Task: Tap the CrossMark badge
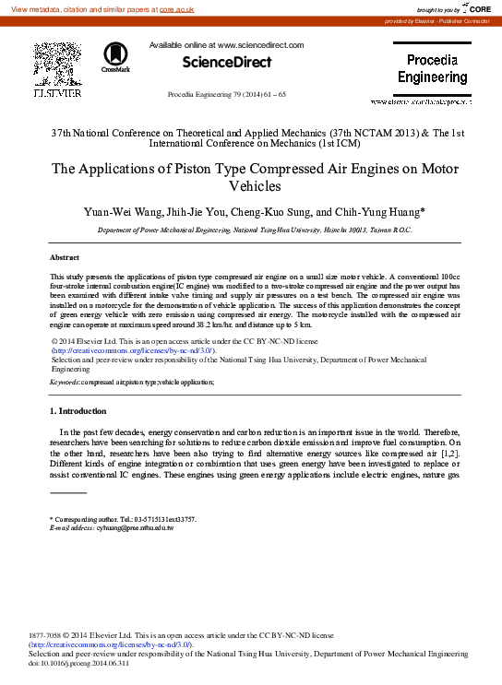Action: (115, 57)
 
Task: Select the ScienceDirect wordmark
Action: (226, 62)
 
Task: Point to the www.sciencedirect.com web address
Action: (260, 44)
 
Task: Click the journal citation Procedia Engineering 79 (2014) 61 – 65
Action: (226, 95)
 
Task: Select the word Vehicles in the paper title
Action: (251, 185)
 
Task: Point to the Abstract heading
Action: (65, 257)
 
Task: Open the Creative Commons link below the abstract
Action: (134, 350)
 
